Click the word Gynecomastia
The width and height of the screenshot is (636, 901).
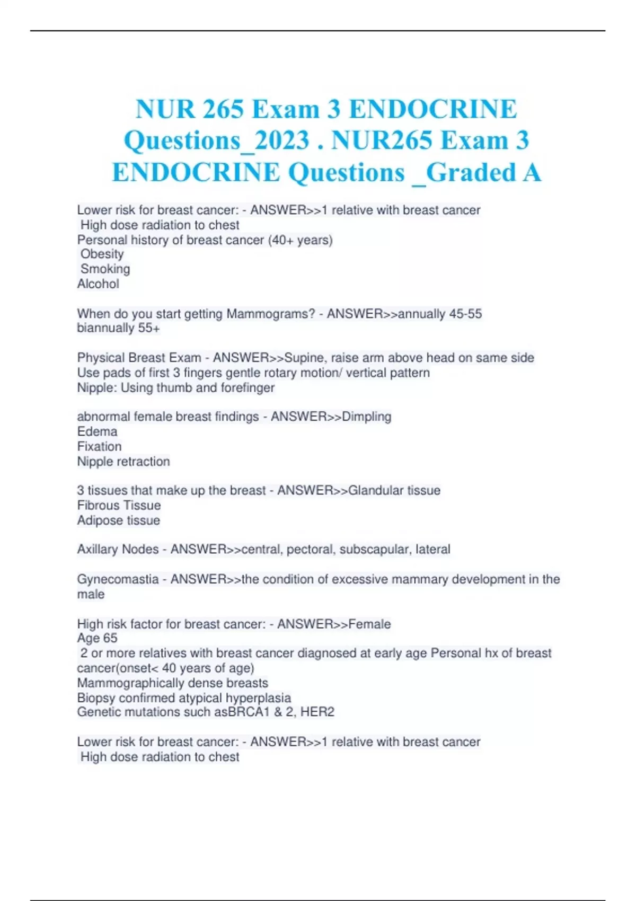(x=118, y=579)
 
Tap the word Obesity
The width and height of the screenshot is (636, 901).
(x=102, y=254)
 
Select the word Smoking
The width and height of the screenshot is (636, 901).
(x=105, y=269)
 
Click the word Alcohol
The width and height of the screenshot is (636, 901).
(x=98, y=284)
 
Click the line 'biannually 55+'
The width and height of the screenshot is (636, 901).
(x=118, y=328)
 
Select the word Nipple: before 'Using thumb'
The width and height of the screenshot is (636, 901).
(x=97, y=388)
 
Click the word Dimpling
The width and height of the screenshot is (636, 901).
(x=366, y=417)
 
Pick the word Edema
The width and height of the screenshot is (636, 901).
(x=97, y=432)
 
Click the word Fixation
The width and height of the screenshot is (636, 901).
(x=99, y=447)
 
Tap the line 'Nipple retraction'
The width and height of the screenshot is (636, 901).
(x=123, y=462)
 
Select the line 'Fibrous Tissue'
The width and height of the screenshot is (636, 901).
(x=119, y=506)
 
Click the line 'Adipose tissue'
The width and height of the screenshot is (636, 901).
(x=118, y=520)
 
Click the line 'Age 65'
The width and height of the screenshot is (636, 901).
(x=97, y=638)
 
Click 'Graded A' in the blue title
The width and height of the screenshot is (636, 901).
(x=484, y=172)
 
